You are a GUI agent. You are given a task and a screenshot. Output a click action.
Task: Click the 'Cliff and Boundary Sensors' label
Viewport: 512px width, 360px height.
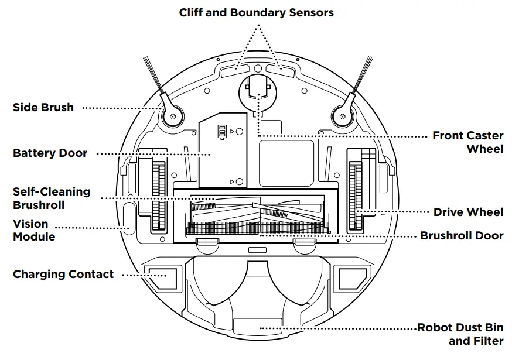pyautogui.click(x=257, y=12)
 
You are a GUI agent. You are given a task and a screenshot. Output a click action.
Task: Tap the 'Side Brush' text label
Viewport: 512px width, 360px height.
pyautogui.click(x=43, y=108)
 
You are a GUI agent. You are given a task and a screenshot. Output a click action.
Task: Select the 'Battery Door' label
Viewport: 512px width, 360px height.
pyautogui.click(x=50, y=153)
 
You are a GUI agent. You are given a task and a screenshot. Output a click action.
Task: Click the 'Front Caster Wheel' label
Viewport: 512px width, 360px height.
pyautogui.click(x=467, y=142)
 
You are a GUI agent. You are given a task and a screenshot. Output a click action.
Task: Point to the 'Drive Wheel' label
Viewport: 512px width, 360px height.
pyautogui.click(x=467, y=212)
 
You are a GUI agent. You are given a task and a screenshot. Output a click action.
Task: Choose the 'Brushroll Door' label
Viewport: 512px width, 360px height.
pyautogui.click(x=462, y=236)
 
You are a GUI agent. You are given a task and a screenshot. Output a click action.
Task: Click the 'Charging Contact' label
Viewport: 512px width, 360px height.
pyautogui.click(x=63, y=274)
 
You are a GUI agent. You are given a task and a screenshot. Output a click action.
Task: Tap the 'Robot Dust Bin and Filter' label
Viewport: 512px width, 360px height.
pyautogui.click(x=460, y=334)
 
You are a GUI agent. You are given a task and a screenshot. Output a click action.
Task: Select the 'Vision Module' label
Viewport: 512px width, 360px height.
pyautogui.click(x=34, y=230)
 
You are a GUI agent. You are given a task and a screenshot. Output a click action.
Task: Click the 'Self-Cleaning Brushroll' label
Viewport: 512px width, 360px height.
pyautogui.click(x=52, y=198)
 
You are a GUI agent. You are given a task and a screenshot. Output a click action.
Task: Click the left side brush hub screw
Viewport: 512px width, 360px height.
pyautogui.click(x=172, y=116)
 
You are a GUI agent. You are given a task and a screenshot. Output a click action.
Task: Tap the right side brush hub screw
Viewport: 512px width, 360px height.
pyautogui.click(x=341, y=116)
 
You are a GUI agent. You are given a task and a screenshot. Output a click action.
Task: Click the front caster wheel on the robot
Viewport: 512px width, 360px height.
pyautogui.click(x=258, y=91)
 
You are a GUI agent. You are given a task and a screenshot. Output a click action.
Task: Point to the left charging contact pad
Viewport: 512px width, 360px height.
pyautogui.click(x=161, y=278)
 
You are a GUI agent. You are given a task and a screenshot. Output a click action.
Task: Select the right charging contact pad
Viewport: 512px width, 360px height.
pyautogui.click(x=353, y=278)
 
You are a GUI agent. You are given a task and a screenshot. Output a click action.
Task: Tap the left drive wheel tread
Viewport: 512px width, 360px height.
pyautogui.click(x=155, y=197)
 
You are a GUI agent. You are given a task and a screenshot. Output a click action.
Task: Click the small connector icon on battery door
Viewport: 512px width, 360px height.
pyautogui.click(x=221, y=132)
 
